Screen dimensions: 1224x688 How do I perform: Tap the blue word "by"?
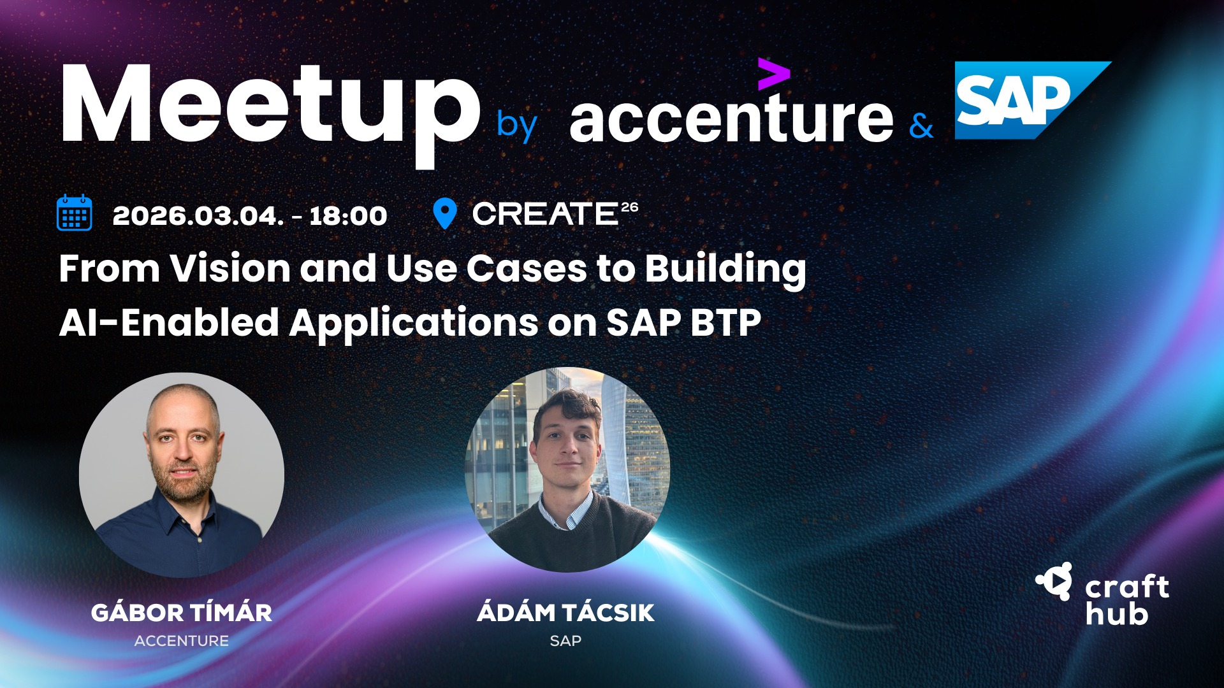click(x=517, y=125)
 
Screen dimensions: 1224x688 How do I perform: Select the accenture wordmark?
click(x=731, y=116)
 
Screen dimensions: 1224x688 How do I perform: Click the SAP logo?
click(x=1033, y=100)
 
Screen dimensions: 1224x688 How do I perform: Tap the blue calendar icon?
click(x=75, y=213)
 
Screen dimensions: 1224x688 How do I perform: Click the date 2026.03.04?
click(x=198, y=216)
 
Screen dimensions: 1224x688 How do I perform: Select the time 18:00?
click(x=348, y=216)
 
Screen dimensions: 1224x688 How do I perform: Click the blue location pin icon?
click(x=444, y=213)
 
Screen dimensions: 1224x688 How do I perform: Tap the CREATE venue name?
click(x=545, y=214)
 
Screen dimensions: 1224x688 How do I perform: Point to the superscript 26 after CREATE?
click(x=629, y=207)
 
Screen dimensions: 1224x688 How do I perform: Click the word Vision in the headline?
click(x=230, y=268)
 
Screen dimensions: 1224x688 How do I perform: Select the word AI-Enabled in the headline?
click(x=169, y=322)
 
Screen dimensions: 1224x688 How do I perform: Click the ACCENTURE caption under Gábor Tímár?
click(x=182, y=641)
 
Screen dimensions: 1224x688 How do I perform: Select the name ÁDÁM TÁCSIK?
click(x=565, y=612)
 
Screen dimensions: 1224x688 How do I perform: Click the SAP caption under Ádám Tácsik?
click(x=565, y=641)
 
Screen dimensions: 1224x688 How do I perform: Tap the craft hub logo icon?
click(x=1055, y=581)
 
